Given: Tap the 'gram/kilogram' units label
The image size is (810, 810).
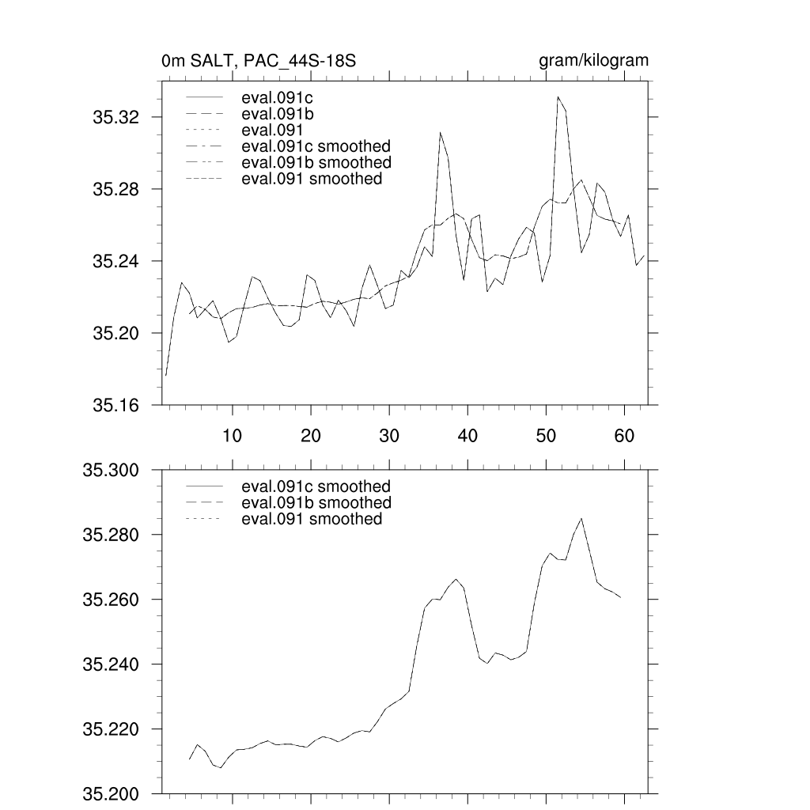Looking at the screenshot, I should (x=593, y=61).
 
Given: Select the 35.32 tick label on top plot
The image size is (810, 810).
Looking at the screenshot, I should (x=116, y=118).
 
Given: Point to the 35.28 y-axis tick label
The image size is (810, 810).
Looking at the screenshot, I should (x=116, y=190).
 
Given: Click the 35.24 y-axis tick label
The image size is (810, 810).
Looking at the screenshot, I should (x=116, y=262).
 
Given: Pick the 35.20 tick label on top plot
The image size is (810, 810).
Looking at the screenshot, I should (x=116, y=334).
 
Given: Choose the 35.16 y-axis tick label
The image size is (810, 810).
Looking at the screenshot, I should (x=116, y=406).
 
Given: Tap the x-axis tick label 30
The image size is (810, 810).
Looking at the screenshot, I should (x=389, y=435).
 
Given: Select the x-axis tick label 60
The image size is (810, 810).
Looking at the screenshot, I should (x=625, y=435).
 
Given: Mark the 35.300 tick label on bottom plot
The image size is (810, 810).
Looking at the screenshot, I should (x=111, y=471).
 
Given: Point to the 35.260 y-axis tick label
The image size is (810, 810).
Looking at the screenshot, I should (x=111, y=600).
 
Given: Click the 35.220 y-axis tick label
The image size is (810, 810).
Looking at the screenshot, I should (x=111, y=729).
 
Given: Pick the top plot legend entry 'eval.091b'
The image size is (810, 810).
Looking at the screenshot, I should (x=273, y=115).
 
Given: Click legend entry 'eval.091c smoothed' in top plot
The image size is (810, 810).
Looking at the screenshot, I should (x=316, y=146).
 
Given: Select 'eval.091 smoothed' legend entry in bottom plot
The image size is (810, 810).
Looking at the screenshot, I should (x=312, y=519).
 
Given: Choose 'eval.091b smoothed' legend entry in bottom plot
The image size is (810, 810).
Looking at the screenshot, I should (x=316, y=503).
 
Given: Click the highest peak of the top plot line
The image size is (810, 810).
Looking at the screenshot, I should (x=558, y=97).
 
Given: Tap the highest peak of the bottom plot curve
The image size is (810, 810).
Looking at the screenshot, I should (x=581, y=518).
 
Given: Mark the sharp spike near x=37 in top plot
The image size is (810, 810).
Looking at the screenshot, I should (x=441, y=133).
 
